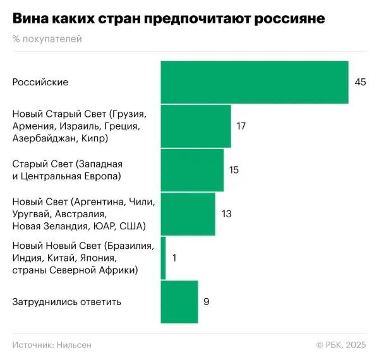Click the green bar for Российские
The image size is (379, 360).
tap(254, 82)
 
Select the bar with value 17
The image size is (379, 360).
tap(196, 126)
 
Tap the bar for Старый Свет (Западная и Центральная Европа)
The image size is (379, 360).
tap(192, 170)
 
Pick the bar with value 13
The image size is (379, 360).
tap(188, 214)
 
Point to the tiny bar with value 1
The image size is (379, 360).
tap(163, 258)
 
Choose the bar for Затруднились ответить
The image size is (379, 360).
tap(179, 302)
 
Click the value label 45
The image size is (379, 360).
tap(360, 82)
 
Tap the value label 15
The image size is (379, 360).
tap(234, 170)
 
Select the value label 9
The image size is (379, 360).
tap(206, 302)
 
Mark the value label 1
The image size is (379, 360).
tap(174, 258)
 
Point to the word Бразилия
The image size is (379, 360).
tap(131, 246)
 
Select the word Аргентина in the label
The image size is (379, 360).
tap(100, 202)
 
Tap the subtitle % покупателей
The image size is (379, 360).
tap(47, 39)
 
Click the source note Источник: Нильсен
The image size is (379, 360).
tap(52, 344)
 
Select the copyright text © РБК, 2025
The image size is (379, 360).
tap(341, 344)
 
